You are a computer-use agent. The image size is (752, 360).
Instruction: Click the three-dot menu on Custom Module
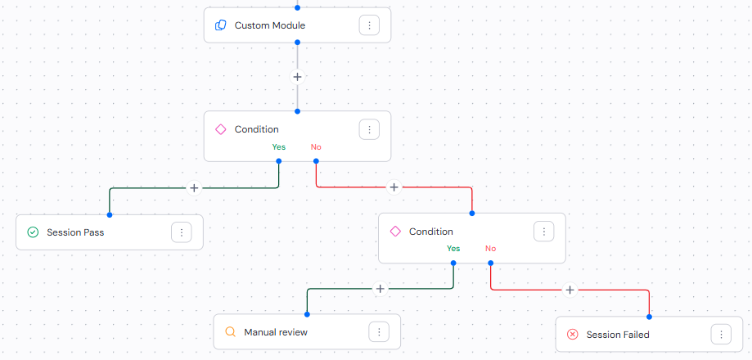click(x=369, y=25)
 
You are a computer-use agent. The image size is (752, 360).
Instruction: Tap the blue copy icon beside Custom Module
click(x=221, y=25)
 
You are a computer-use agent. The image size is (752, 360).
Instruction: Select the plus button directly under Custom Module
click(x=297, y=77)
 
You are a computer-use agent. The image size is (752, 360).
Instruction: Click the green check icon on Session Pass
click(x=33, y=232)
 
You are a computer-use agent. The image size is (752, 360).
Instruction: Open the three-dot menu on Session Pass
click(x=182, y=232)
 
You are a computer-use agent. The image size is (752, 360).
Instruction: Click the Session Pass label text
click(x=75, y=232)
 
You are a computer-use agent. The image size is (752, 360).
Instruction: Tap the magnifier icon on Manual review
click(x=230, y=331)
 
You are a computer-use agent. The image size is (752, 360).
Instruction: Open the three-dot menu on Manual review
click(x=379, y=331)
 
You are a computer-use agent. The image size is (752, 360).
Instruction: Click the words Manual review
click(x=276, y=331)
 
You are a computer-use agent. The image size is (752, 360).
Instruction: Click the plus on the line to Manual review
click(x=380, y=289)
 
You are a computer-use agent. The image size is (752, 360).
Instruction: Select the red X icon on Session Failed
click(x=573, y=335)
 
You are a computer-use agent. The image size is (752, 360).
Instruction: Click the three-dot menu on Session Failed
click(x=721, y=335)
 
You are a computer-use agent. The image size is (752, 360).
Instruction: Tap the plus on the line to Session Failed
click(x=570, y=290)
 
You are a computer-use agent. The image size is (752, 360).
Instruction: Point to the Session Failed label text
click(x=618, y=335)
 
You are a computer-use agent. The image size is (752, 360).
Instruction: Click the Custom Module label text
click(x=270, y=25)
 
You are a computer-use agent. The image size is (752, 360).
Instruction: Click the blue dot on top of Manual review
click(x=307, y=314)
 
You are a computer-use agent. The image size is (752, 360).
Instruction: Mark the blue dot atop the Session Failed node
click(x=649, y=317)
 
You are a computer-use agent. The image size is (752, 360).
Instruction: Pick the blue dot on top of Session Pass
click(x=110, y=214)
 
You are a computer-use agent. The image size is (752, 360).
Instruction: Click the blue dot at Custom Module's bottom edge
click(x=297, y=43)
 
